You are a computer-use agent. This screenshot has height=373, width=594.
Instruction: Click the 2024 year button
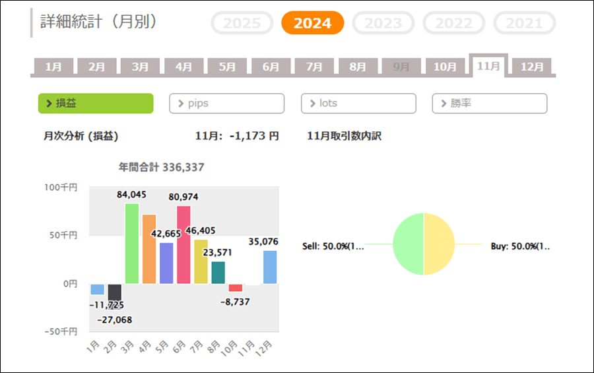[312, 23]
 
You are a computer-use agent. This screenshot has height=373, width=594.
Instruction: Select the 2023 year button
[383, 23]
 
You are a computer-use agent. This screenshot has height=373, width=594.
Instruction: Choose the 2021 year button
[524, 23]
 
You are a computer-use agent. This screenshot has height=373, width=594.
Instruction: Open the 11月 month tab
[488, 66]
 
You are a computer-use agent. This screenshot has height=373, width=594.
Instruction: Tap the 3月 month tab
[140, 67]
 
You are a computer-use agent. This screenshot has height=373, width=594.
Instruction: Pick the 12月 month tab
[532, 67]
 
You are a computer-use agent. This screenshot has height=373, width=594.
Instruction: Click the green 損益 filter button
[96, 104]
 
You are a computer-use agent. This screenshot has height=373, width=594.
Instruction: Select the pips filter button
[226, 104]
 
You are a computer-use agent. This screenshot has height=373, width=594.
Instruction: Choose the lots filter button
[358, 104]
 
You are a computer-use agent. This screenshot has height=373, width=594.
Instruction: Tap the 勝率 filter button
[490, 104]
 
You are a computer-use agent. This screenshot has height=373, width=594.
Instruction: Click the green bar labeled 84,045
[132, 244]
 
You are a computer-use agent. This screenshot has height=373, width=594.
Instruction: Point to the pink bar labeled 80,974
[183, 245]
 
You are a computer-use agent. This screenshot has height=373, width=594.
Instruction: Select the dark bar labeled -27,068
[115, 292]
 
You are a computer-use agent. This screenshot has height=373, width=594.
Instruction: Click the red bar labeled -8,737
[236, 288]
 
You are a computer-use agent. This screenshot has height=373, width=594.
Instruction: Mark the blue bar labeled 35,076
[270, 267]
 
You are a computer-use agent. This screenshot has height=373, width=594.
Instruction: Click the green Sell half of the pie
[408, 244]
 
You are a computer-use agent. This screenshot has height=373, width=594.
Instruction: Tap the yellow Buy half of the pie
[440, 244]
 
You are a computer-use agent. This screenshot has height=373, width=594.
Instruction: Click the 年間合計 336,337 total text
[161, 168]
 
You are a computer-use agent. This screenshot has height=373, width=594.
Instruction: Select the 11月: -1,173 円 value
[237, 136]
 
